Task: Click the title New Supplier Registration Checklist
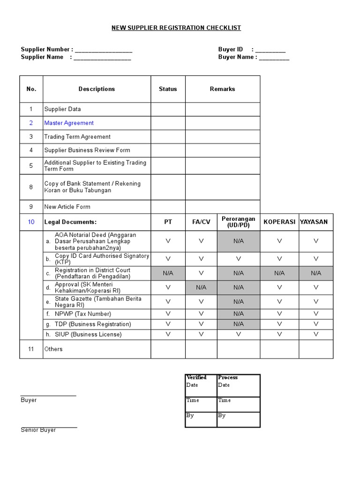point(176,28)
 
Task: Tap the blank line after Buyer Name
point(274,58)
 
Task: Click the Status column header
point(168,89)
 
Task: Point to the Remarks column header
point(222,89)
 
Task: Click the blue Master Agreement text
point(69,123)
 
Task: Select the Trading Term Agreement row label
point(77,137)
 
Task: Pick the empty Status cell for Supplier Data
point(168,109)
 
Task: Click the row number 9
point(31,207)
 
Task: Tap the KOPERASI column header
point(279,222)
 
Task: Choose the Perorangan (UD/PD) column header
point(238,222)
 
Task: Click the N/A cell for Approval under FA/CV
point(201,287)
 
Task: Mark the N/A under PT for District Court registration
point(168,273)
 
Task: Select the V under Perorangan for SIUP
point(238,334)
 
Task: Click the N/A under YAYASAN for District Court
point(316,273)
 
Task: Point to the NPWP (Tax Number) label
point(83,314)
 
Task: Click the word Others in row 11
point(53,349)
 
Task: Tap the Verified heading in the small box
point(196,377)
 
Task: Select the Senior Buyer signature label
point(38,430)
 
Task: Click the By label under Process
point(222,416)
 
